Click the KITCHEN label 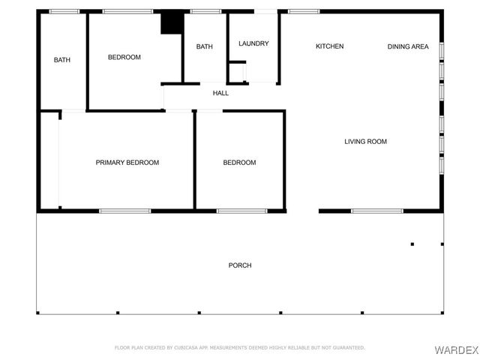329,46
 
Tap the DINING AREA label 408,46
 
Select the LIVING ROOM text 366,142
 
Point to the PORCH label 240,265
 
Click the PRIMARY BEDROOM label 127,163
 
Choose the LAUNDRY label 253,43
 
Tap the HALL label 220,93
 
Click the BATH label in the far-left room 62,60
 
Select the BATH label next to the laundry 205,46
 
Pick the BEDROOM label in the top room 124,57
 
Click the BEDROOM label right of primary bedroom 239,163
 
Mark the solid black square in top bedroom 172,22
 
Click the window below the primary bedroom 120,211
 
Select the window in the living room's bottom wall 377,211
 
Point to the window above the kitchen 303,11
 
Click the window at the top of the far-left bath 64,11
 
